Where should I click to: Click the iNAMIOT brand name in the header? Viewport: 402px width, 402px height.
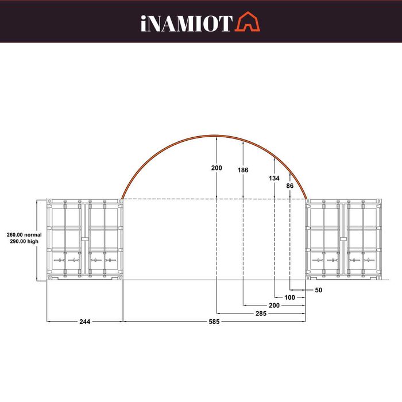[x=185, y=23]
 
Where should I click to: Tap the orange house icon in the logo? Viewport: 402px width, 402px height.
[x=247, y=22]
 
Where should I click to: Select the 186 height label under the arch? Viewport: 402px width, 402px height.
[x=243, y=170]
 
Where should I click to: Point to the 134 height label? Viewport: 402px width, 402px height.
[x=274, y=178]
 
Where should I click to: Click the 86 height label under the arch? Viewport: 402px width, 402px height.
[x=289, y=186]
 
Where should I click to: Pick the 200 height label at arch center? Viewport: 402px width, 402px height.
[x=216, y=168]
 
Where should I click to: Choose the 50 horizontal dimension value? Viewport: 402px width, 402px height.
[x=319, y=290]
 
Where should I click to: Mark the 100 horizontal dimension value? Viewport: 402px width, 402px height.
[x=289, y=297]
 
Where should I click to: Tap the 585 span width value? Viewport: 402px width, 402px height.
[x=213, y=321]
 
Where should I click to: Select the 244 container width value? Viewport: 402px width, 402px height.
[x=84, y=321]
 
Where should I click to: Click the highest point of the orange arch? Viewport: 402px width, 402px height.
[x=216, y=137]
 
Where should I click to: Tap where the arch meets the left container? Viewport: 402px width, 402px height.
[x=122, y=199]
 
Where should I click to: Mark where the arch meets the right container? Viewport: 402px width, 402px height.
[x=307, y=199]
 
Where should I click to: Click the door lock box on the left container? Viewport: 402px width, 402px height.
[x=85, y=239]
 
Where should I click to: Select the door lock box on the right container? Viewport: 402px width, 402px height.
[x=344, y=239]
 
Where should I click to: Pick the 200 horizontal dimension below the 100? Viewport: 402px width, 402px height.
[x=274, y=306]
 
